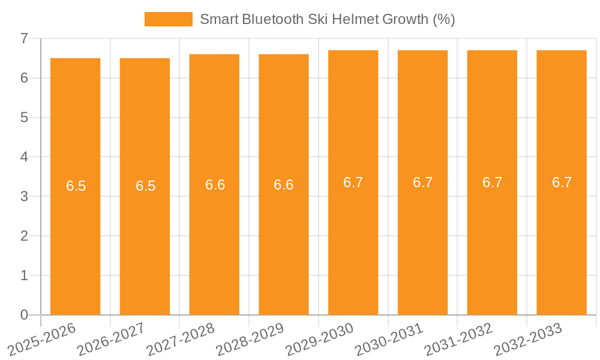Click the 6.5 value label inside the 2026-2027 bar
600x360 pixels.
point(145,186)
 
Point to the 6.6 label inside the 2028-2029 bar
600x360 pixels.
point(283,185)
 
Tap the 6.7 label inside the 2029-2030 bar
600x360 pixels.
point(353,182)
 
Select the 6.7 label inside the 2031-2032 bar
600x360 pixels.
point(492,182)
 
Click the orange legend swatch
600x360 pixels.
point(169,19)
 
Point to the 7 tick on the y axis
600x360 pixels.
point(24,38)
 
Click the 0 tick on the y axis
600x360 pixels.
point(24,315)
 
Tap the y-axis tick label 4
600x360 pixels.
point(24,157)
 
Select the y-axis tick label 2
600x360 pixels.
point(24,236)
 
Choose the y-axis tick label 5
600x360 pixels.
point(24,118)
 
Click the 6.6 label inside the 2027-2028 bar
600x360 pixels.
point(215,185)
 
